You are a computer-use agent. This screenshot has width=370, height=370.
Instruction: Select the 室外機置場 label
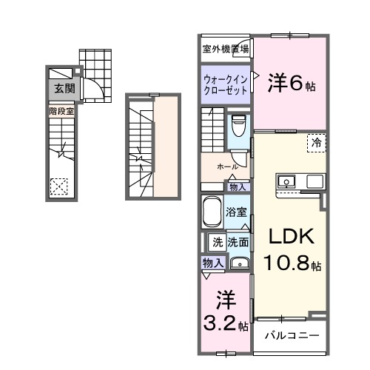226,50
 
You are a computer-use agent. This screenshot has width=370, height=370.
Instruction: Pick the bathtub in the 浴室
212,211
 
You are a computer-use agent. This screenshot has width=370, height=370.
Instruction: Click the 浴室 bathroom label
236,212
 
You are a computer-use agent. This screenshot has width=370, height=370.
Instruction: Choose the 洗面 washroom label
238,241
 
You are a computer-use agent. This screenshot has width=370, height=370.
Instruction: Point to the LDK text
291,238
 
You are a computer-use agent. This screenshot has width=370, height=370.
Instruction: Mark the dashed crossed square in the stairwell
59,186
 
